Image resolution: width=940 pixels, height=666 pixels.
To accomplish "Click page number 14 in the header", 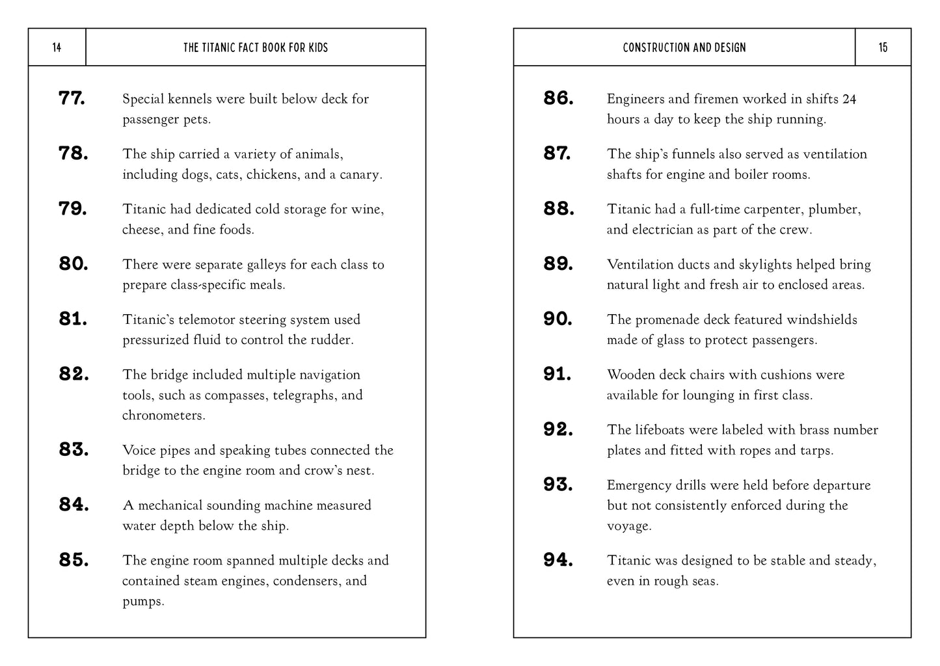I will [57, 47].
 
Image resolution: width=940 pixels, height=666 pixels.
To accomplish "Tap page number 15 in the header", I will [883, 47].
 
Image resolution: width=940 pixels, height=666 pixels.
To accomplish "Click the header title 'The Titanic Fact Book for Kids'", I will [256, 47].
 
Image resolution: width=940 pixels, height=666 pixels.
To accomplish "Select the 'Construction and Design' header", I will [684, 47].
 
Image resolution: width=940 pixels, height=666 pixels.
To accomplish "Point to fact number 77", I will [72, 98].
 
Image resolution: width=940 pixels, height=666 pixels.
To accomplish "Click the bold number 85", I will [74, 559].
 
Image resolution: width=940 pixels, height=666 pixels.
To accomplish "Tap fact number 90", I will [558, 319].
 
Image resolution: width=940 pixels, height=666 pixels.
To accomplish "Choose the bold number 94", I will [558, 559].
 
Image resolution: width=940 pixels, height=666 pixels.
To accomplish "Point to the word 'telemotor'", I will [207, 319].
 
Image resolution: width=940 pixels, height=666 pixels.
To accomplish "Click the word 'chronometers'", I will [163, 415].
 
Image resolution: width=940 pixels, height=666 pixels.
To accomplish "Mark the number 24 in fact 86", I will [849, 99].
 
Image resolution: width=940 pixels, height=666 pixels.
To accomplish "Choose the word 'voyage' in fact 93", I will [627, 526].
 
